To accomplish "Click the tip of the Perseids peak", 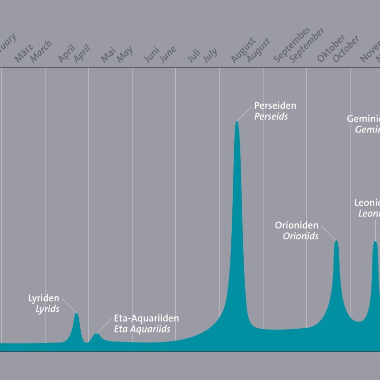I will pos(237,122).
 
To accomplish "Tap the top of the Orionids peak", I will pos(336,241).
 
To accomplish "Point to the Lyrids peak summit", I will pos(76,313).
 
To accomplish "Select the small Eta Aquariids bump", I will pos(96,334).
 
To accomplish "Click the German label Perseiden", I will pos(275,105).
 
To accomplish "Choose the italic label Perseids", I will pos(271,116).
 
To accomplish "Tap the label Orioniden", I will pos(297,225).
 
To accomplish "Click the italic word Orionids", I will pos(301,236).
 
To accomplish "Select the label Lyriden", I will pos(44,298).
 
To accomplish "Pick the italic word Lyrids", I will pos(47,309).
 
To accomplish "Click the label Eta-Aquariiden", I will pos(146,319).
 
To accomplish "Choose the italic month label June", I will pos(168,54).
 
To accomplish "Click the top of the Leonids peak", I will pos(375,242).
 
